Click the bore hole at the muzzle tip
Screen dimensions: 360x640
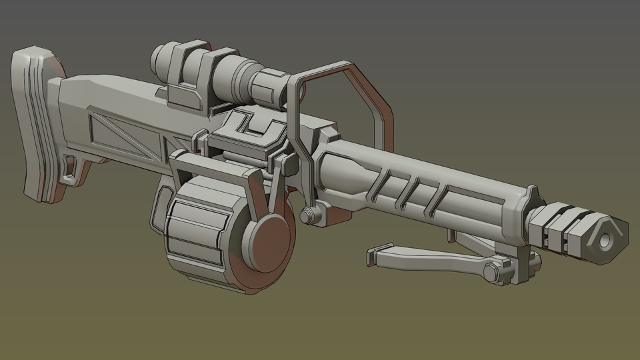pyautogui.click(x=607, y=239)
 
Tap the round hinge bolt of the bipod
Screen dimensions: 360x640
pyautogui.click(x=492, y=273)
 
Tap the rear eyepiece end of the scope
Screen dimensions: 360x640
pyautogui.click(x=160, y=60)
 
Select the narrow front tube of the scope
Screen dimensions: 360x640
pyautogui.click(x=267, y=87)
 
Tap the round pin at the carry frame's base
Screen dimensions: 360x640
pyautogui.click(x=308, y=216)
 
